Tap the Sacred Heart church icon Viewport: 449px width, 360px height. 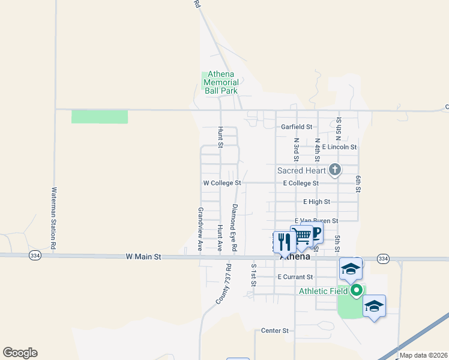[335, 170]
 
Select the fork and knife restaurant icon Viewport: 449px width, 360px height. [284, 242]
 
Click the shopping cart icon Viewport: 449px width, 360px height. [301, 236]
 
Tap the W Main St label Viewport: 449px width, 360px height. [144, 256]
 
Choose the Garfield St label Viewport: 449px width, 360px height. [297, 127]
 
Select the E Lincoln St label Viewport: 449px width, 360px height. [339, 147]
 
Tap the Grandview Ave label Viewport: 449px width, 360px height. [201, 229]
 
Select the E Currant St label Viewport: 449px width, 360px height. [295, 277]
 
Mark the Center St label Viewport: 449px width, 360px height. [275, 331]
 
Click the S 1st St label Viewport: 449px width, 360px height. [254, 274]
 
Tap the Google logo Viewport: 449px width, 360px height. [20, 353]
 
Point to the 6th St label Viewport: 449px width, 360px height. [357, 184]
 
